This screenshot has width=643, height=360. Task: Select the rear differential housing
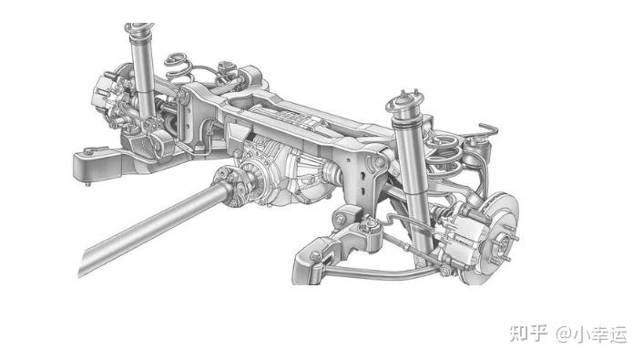(x=283, y=172)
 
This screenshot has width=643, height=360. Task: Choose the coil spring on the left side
(x=179, y=67)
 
